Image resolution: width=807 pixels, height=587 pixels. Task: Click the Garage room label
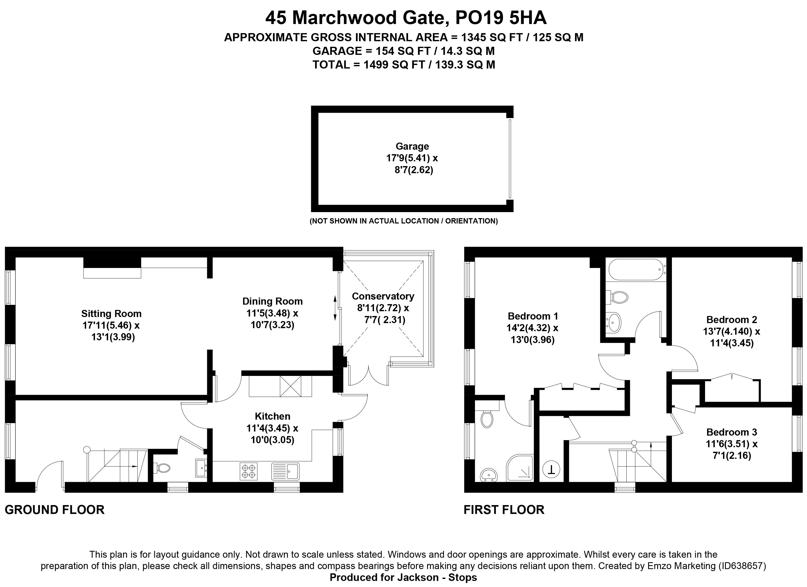pyautogui.click(x=412, y=146)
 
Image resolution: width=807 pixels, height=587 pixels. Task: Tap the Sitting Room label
pyautogui.click(x=111, y=313)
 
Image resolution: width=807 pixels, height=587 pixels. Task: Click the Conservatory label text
pyautogui.click(x=383, y=296)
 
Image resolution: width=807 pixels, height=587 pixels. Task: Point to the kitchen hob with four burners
pyautogui.click(x=248, y=471)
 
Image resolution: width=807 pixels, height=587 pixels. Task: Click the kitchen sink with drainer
pyautogui.click(x=285, y=471)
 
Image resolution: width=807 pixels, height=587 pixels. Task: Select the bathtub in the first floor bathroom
pyautogui.click(x=635, y=269)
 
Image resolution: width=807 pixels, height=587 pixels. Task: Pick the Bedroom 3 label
pyautogui.click(x=732, y=432)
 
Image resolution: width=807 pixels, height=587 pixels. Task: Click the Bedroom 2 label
pyautogui.click(x=732, y=319)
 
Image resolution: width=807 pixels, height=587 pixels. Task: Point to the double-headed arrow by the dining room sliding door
pyautogui.click(x=335, y=308)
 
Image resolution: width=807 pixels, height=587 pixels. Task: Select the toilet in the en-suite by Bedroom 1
pyautogui.click(x=486, y=418)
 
